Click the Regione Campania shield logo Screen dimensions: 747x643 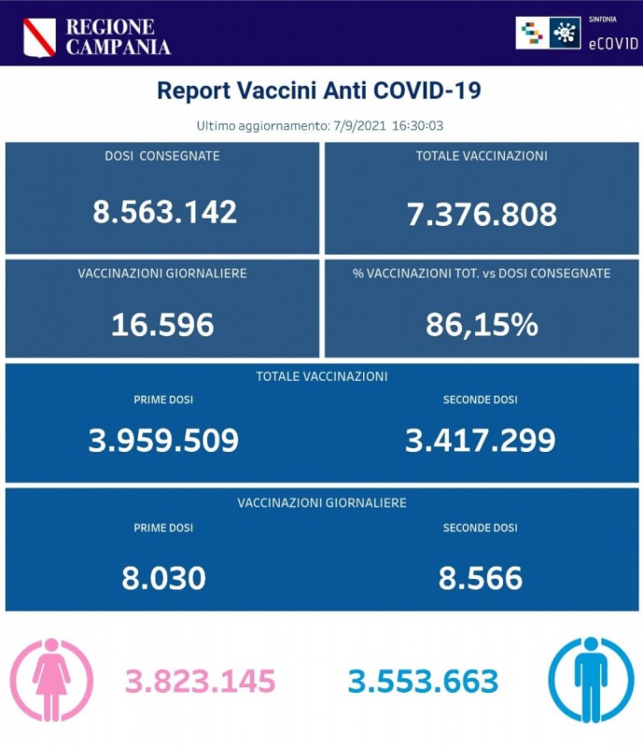[x=39, y=35]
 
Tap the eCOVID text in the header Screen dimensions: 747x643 [x=611, y=43]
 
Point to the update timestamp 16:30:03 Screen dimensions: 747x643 [x=430, y=125]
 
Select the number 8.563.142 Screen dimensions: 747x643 [x=164, y=212]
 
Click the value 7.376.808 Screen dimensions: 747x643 [x=482, y=214]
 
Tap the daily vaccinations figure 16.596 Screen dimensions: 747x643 [x=162, y=324]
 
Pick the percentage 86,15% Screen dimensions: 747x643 [x=482, y=324]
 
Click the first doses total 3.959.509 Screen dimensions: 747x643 [x=163, y=440]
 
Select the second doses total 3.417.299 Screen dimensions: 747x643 [x=481, y=440]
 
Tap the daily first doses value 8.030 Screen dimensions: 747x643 [x=163, y=578]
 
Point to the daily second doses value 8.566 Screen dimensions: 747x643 [x=481, y=578]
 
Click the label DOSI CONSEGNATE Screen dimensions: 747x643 [x=162, y=156]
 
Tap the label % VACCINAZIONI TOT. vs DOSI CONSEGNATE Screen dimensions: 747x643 [x=482, y=274]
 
